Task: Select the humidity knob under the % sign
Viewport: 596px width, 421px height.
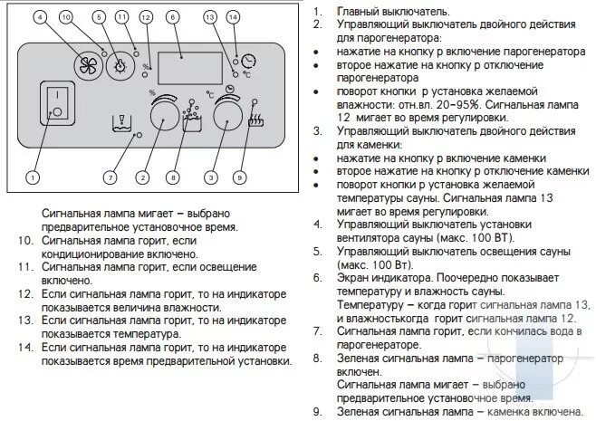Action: [x=163, y=114]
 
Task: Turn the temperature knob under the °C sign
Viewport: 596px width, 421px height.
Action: [x=222, y=114]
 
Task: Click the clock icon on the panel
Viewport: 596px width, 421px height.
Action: [x=248, y=59]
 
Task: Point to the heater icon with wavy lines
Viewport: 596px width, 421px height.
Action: [x=255, y=119]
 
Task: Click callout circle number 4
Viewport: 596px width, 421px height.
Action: [x=39, y=17]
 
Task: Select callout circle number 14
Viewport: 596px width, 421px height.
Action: [x=233, y=17]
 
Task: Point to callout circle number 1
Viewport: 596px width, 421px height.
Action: [x=33, y=177]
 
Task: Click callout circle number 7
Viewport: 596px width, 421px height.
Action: [x=110, y=177]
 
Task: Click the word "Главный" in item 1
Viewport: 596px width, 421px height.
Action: [x=358, y=12]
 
